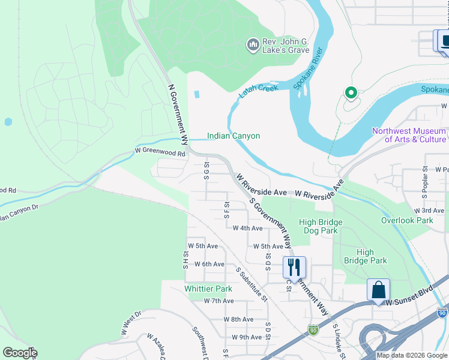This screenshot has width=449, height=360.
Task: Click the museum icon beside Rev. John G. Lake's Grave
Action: tap(253, 45)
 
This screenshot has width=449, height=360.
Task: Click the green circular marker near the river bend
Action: tap(350, 93)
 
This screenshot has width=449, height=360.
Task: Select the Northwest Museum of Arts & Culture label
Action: tap(409, 135)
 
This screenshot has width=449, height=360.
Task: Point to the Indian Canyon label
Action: tap(234, 136)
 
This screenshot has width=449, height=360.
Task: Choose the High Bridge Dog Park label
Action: tap(321, 227)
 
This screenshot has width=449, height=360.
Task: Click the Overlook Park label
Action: tap(407, 220)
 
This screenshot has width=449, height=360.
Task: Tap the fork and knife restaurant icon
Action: tap(294, 266)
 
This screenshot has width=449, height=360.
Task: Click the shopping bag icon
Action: tap(379, 289)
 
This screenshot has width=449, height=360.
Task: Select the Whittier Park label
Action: tap(208, 289)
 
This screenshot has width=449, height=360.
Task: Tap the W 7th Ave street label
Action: tap(218, 301)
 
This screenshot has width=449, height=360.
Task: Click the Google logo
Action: tap(20, 353)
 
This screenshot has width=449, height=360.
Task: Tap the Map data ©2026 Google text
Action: tap(411, 355)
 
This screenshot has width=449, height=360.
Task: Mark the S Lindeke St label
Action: tap(339, 342)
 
